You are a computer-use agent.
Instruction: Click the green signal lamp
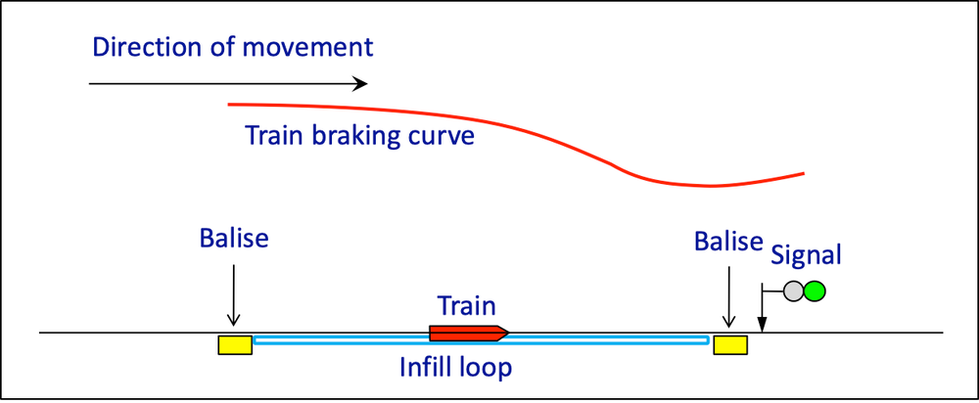tap(815, 291)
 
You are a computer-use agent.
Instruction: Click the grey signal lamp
tap(794, 291)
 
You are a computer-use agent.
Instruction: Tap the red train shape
tap(466, 334)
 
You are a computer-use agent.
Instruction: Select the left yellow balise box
tap(235, 343)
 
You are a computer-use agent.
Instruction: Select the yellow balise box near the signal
tap(730, 343)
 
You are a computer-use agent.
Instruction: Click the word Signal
tap(806, 256)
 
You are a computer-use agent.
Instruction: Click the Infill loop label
tap(456, 369)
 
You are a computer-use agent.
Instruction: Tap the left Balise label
tap(234, 239)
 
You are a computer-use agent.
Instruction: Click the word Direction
tap(139, 46)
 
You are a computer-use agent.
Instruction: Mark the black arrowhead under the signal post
tap(761, 324)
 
